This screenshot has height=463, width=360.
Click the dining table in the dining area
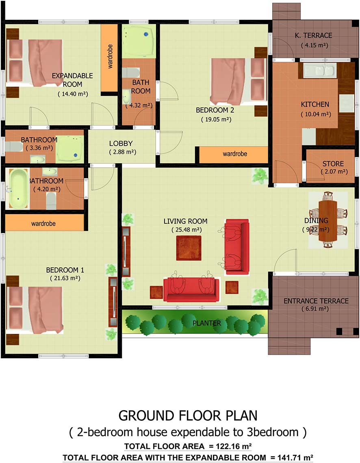click(328, 221)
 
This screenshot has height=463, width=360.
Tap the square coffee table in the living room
click(189, 248)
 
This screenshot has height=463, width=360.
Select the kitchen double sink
click(319, 71)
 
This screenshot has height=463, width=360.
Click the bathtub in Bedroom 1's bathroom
click(18, 188)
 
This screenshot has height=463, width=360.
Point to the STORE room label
click(333, 164)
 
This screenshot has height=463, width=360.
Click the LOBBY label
click(121, 143)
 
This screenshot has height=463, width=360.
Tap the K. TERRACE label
click(313, 35)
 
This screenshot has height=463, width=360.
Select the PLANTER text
click(207, 323)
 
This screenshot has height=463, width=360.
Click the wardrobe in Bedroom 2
click(234, 154)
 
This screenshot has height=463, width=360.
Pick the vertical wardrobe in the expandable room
click(109, 58)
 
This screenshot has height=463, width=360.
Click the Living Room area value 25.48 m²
click(187, 230)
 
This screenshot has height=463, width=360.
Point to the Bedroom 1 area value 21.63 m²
click(65, 278)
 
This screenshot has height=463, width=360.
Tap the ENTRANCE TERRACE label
click(316, 301)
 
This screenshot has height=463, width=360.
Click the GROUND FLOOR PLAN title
click(188, 415)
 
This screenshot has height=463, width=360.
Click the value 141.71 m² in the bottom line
click(295, 458)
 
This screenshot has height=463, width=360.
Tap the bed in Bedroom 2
click(239, 82)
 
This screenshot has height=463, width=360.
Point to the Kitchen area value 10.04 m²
click(316, 114)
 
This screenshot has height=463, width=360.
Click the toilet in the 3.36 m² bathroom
click(14, 147)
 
